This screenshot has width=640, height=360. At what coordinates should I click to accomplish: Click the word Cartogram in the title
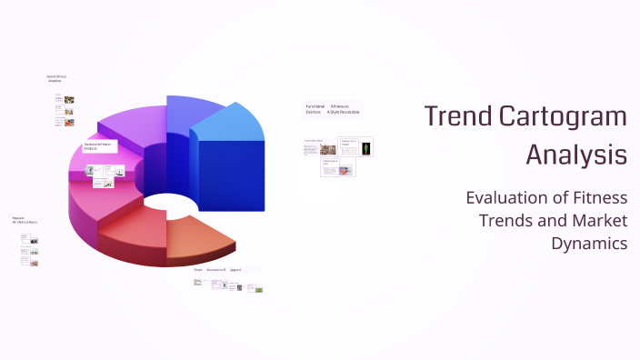tap(564, 116)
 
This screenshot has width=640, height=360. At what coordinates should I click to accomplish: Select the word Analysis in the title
tap(576, 155)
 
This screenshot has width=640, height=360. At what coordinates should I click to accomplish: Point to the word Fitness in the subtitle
tap(597, 197)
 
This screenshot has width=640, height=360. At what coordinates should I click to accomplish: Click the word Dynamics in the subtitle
tap(589, 243)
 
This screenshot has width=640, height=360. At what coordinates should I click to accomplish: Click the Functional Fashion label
tap(315, 109)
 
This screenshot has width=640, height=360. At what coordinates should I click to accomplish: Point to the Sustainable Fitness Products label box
tap(97, 145)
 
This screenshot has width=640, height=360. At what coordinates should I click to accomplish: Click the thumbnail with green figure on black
tap(366, 148)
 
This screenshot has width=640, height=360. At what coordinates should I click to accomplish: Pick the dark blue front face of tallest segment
tap(232, 173)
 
